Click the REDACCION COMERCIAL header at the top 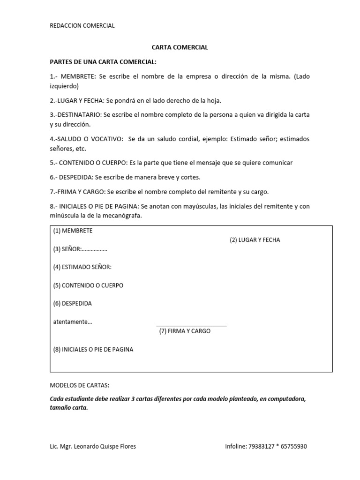(x=82, y=26)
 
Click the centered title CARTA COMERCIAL (x=180, y=48)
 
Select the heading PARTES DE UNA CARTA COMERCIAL (x=103, y=62)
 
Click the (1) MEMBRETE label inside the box (x=73, y=231)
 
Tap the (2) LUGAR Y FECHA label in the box (x=255, y=240)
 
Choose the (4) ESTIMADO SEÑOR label (x=82, y=267)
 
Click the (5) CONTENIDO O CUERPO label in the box (x=88, y=285)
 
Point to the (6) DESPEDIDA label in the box (x=72, y=303)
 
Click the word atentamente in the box (x=70, y=322)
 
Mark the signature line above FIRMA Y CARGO (x=191, y=325)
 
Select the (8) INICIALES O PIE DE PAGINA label (x=93, y=349)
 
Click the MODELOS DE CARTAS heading (x=79, y=385)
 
